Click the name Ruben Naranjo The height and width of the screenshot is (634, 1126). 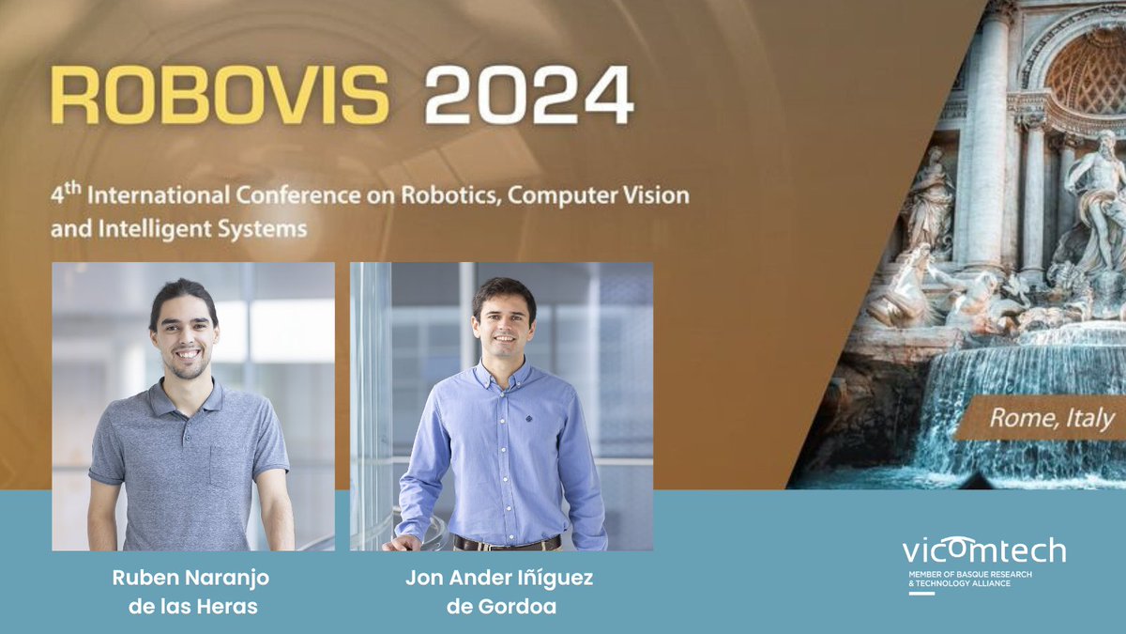190,578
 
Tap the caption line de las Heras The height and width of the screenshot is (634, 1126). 192,607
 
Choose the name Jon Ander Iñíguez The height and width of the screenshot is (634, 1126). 499,578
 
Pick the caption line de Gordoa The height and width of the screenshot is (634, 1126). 501,607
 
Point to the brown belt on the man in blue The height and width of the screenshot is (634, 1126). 507,543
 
